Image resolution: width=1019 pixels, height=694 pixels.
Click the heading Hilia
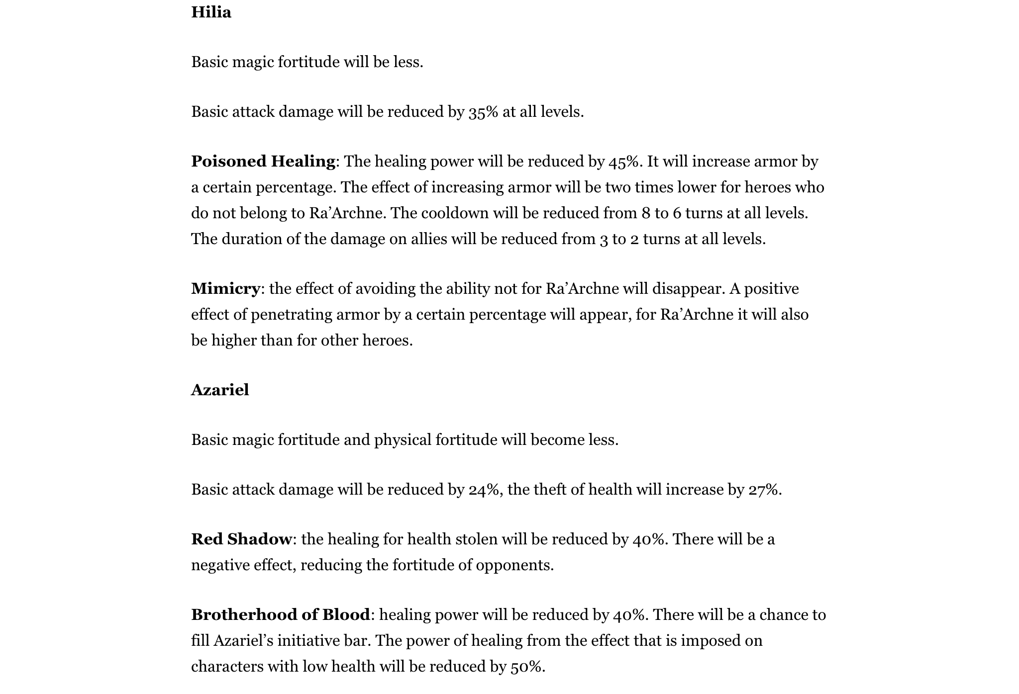[211, 12]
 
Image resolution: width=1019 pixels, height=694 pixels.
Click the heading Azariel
[220, 390]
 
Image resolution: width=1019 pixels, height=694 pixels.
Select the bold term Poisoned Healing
[263, 162]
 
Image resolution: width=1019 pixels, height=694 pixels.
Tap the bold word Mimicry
[225, 289]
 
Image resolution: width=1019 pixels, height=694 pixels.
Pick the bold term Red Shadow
[241, 539]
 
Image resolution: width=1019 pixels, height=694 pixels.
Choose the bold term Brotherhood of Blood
[281, 615]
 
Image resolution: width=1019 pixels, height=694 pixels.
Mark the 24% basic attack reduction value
[483, 490]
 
